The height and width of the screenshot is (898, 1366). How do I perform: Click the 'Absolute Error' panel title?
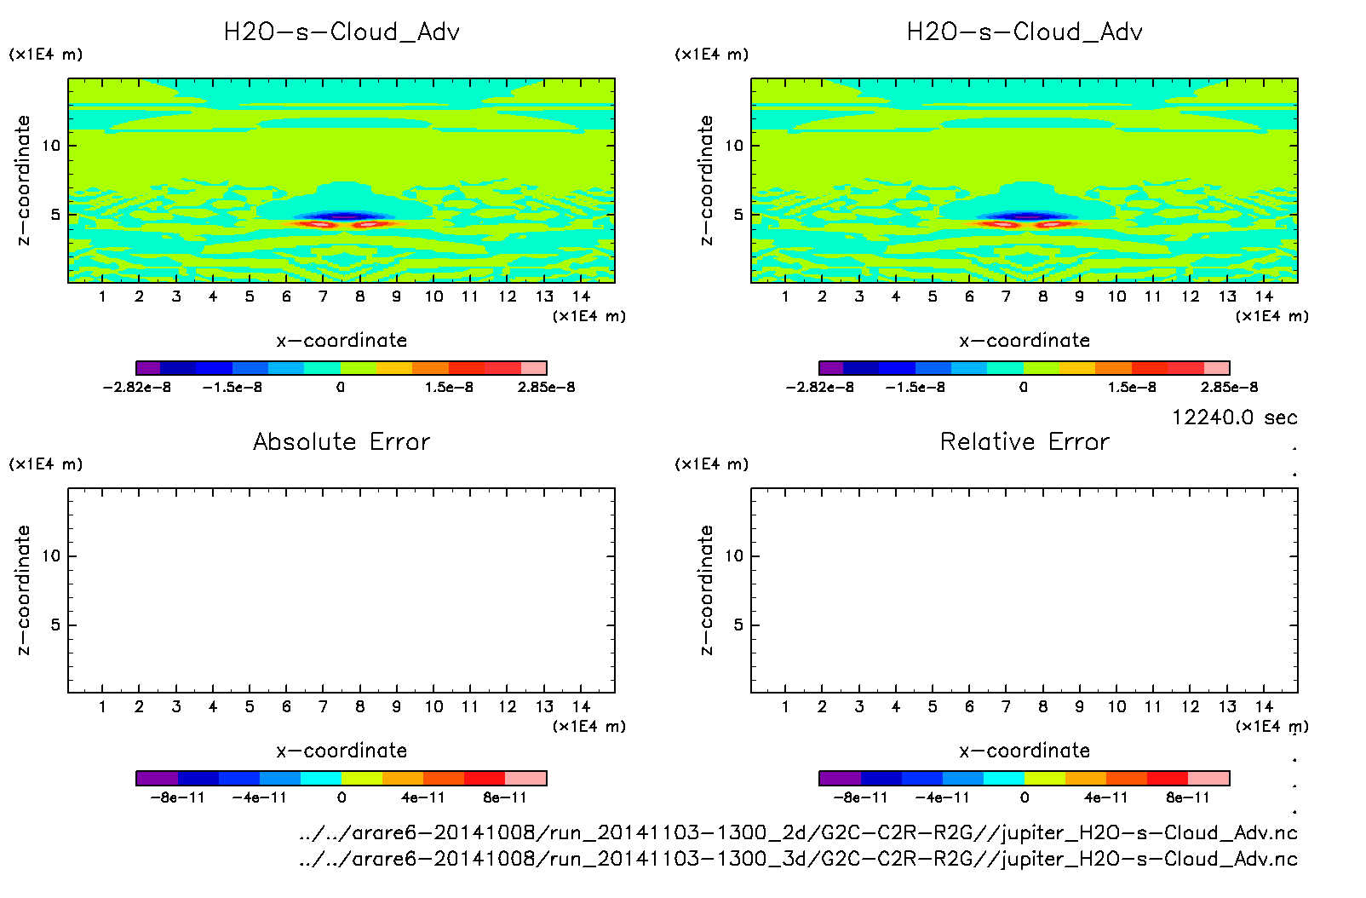[341, 441]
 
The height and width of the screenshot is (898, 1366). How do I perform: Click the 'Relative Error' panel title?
[1024, 441]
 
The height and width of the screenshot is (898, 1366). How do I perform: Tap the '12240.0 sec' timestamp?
[1234, 417]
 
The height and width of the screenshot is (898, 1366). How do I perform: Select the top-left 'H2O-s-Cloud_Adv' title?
[341, 32]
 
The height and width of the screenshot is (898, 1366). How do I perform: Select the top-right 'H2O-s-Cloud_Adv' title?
[1024, 32]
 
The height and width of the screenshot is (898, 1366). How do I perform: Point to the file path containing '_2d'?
[798, 832]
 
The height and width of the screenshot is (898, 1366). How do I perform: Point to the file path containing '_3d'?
[798, 859]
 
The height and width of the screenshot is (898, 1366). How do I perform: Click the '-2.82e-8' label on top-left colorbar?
[137, 388]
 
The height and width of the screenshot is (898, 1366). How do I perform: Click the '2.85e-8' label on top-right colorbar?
[1229, 388]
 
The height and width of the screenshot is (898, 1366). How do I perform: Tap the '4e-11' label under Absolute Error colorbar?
[423, 798]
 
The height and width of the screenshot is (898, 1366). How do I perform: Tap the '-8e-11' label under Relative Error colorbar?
[861, 798]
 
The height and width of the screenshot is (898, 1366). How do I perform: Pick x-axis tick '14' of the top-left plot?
[581, 296]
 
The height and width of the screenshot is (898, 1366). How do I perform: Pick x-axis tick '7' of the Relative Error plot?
[1006, 706]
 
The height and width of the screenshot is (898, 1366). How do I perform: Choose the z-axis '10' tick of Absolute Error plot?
[52, 556]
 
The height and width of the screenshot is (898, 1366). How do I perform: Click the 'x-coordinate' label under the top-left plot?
[341, 341]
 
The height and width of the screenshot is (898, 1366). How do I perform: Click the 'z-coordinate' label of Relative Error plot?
[706, 590]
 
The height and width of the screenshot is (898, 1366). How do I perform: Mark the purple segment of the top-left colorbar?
[148, 368]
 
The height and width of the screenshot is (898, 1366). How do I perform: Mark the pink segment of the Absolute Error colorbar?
[525, 778]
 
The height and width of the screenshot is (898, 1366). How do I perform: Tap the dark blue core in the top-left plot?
[342, 216]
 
